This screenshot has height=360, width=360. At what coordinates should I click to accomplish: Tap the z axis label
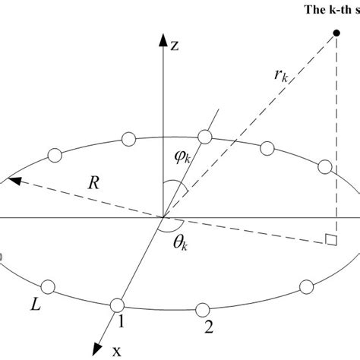pos(174,46)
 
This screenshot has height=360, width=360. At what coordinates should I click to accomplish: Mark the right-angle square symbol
pos(330,241)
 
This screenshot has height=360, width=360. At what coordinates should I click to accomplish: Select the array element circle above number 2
pos(202,309)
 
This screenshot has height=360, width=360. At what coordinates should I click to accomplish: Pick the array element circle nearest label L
pos(49,287)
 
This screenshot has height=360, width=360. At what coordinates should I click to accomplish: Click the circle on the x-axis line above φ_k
pos(204,136)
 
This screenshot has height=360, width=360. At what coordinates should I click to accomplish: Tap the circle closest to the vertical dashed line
pos(326,167)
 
